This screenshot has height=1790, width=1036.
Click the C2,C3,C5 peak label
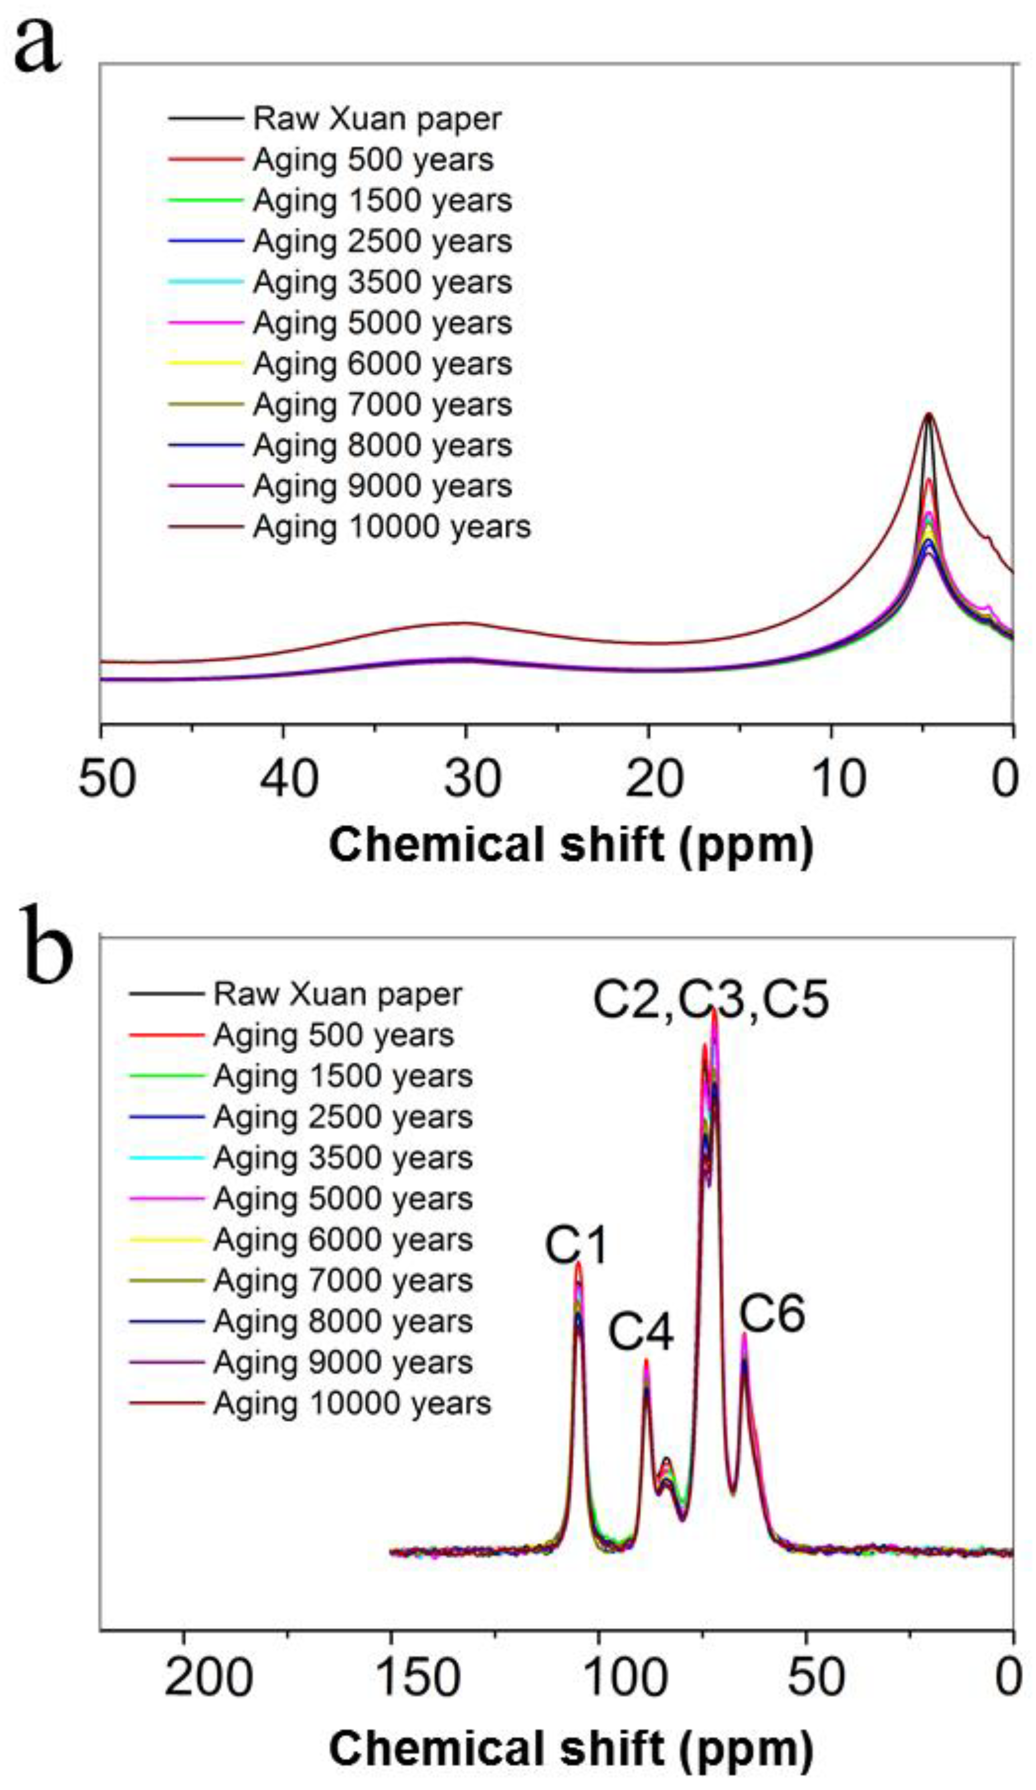(x=710, y=1000)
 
